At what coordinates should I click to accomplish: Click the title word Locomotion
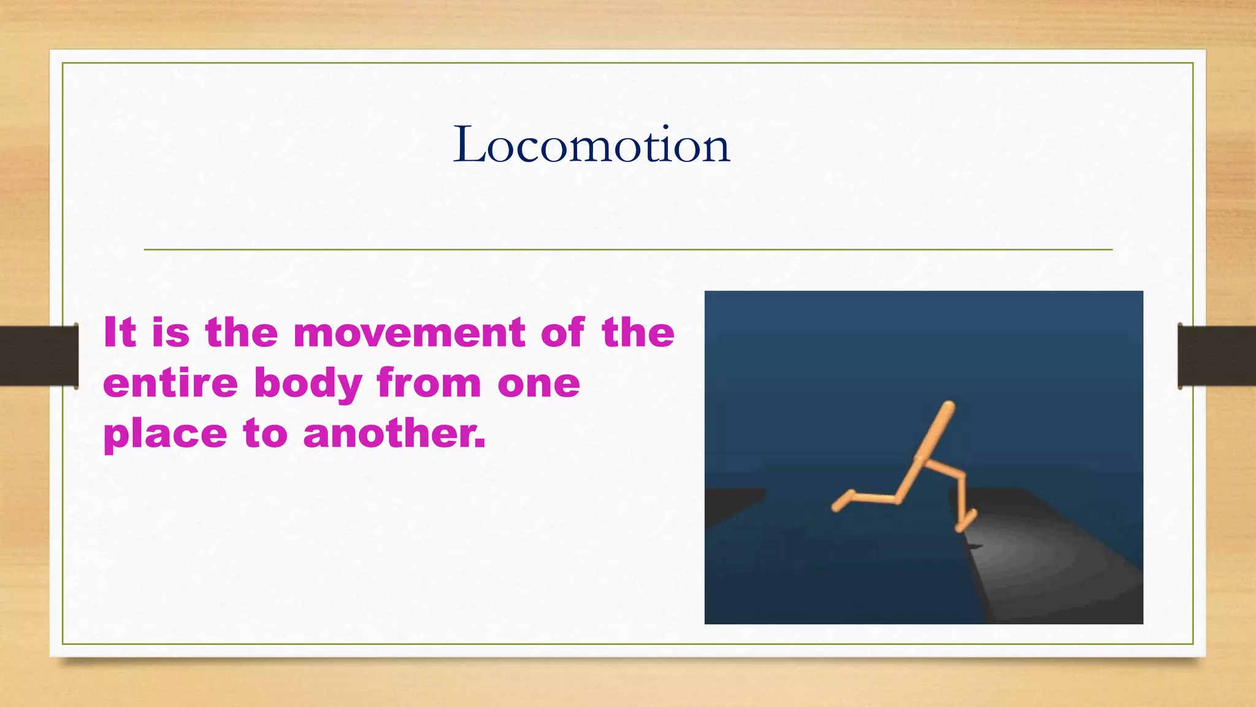591,145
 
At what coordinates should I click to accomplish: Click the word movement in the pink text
408,333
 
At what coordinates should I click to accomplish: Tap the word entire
170,383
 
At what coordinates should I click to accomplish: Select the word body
308,384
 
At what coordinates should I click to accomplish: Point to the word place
165,435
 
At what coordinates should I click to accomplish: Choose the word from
429,383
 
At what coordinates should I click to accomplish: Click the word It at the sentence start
119,333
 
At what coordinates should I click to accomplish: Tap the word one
538,384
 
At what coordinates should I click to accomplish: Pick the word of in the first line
562,333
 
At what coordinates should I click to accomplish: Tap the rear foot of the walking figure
840,502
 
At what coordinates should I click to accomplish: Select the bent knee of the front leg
962,475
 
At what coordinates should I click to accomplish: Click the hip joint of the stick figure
919,459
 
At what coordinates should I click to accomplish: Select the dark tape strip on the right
1217,356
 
